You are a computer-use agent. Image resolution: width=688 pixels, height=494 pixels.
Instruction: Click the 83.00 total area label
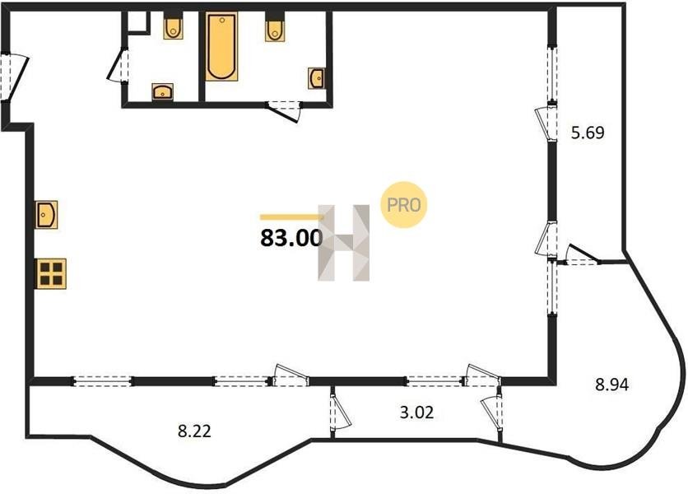291,239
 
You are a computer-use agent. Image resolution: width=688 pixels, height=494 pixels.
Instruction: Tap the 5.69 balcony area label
588,133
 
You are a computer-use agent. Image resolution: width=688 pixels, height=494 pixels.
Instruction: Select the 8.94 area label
611,384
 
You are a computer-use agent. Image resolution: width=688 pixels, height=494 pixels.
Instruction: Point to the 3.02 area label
416,412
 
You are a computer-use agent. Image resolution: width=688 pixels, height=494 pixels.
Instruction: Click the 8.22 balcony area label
194,431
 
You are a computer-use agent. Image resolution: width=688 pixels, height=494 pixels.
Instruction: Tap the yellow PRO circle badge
404,205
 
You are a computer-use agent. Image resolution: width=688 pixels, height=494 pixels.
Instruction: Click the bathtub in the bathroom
221,47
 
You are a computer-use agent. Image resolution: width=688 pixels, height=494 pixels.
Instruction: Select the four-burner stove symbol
51,273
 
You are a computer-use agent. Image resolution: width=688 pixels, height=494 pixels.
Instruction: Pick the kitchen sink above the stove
47,215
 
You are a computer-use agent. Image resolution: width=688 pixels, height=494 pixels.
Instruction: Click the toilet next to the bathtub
275,27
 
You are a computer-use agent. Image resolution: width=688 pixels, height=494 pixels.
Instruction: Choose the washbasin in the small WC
162,91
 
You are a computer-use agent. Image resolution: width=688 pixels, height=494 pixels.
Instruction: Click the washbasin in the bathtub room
317,78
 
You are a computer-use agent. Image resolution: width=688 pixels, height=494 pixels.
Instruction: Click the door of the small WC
118,66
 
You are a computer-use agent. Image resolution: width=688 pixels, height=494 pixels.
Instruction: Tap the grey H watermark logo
343,242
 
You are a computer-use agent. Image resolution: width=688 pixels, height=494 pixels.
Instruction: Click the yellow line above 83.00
291,217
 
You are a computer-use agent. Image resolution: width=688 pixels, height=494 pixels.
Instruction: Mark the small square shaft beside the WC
137,21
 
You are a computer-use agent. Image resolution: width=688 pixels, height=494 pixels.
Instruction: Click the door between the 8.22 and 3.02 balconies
340,412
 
